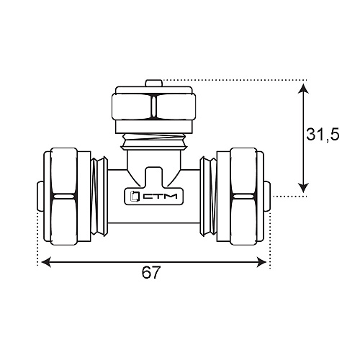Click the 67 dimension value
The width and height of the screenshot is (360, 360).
click(x=150, y=272)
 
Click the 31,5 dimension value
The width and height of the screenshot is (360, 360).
click(x=323, y=135)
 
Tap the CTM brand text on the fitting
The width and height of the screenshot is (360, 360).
click(x=160, y=197)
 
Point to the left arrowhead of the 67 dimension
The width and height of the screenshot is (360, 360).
click(x=46, y=262)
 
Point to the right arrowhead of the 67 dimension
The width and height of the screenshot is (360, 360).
click(x=261, y=262)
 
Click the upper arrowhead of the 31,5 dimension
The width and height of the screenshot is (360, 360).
click(x=303, y=89)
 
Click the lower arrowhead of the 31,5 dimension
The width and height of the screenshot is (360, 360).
click(x=303, y=187)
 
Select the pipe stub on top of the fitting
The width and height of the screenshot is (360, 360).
click(x=153, y=83)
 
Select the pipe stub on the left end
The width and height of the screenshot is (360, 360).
click(x=40, y=197)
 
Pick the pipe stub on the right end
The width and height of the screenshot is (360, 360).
click(x=267, y=197)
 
